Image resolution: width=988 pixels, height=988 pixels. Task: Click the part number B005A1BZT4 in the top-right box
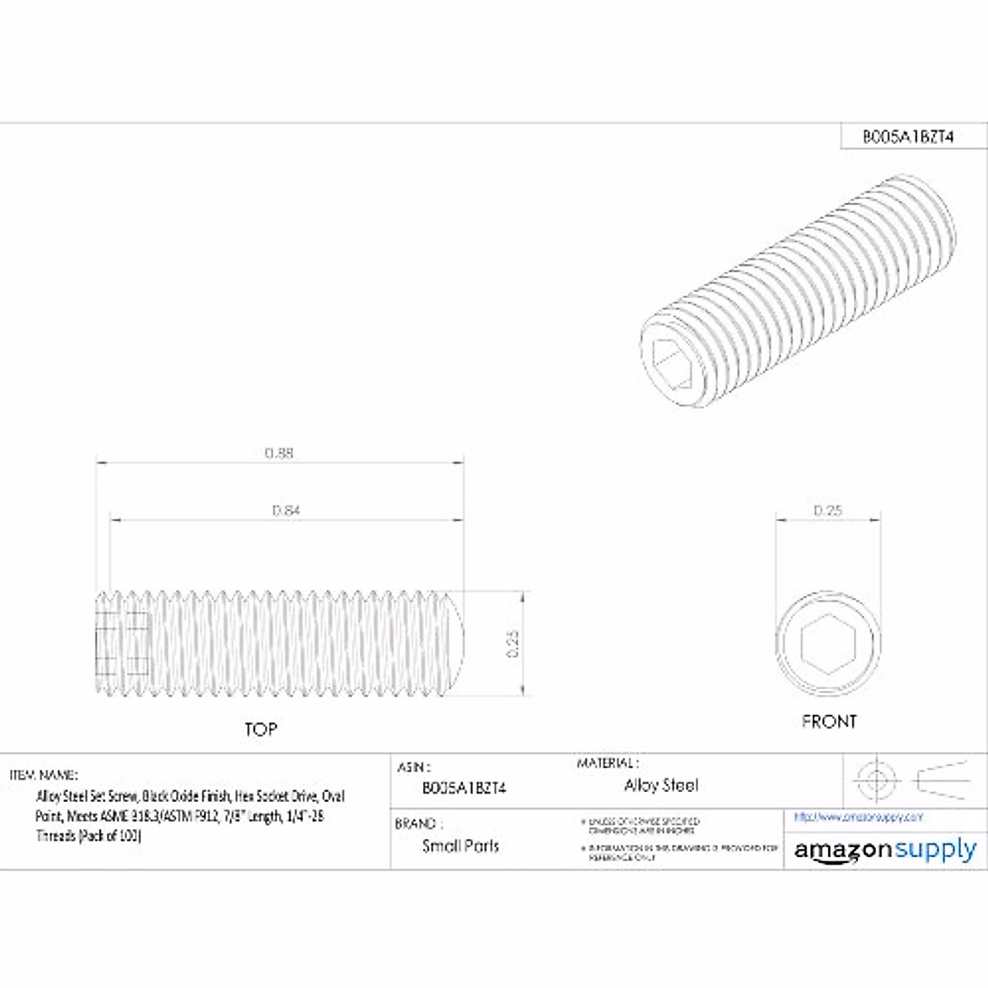[x=907, y=137]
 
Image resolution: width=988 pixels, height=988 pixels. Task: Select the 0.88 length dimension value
[x=279, y=453]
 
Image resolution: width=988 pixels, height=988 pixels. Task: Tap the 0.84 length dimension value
[x=286, y=510]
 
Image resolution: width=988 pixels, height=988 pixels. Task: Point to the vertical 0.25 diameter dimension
[x=512, y=643]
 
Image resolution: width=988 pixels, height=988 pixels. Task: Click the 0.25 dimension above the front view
[x=827, y=510]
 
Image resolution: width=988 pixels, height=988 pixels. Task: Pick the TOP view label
[x=260, y=729]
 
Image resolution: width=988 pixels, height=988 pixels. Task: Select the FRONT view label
[x=828, y=721]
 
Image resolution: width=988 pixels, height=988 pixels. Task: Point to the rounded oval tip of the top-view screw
[x=455, y=643]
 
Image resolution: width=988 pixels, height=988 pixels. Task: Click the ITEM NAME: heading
[x=44, y=775]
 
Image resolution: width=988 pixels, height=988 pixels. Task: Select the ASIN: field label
[x=414, y=767]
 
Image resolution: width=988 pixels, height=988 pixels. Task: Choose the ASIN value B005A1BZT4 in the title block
[x=464, y=787]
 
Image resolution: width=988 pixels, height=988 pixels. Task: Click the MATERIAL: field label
[x=607, y=763]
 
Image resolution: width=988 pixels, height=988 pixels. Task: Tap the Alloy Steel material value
[x=660, y=785]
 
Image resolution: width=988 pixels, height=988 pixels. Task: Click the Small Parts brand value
[x=460, y=846]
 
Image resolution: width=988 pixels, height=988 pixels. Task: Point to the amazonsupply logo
[x=884, y=850]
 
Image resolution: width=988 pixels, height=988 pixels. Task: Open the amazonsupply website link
[x=858, y=817]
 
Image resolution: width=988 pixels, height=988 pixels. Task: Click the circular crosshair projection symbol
[x=874, y=779]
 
